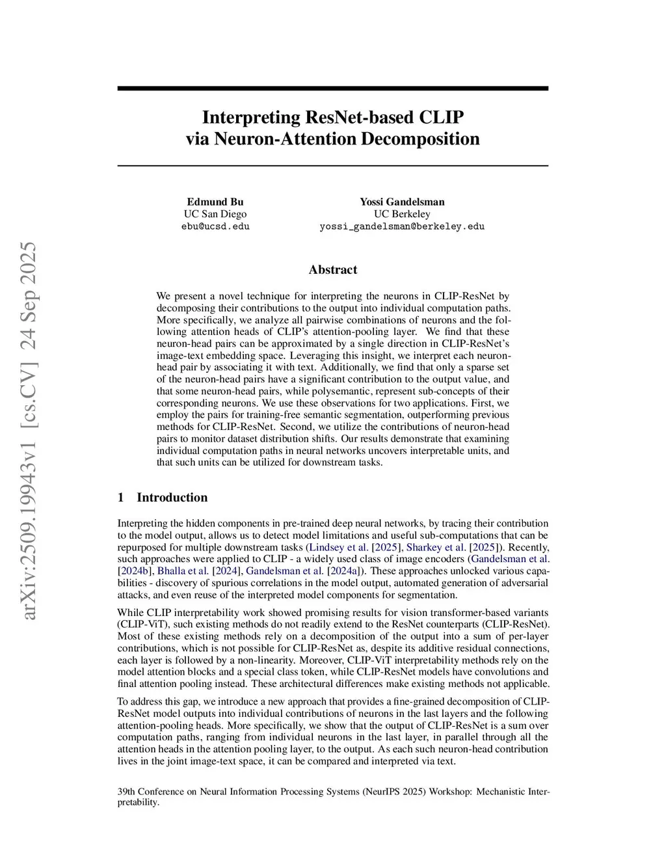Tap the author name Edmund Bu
(215, 202)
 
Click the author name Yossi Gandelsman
(402, 202)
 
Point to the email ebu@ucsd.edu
(215, 226)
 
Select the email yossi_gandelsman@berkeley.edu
(402, 226)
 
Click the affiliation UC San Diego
(215, 214)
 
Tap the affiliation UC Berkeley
(402, 214)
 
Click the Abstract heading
(333, 270)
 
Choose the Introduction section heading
(172, 498)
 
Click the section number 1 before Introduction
(121, 498)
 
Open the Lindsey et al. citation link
(338, 547)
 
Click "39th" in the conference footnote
(126, 792)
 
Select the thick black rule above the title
(333, 88)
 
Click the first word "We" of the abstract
(163, 296)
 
